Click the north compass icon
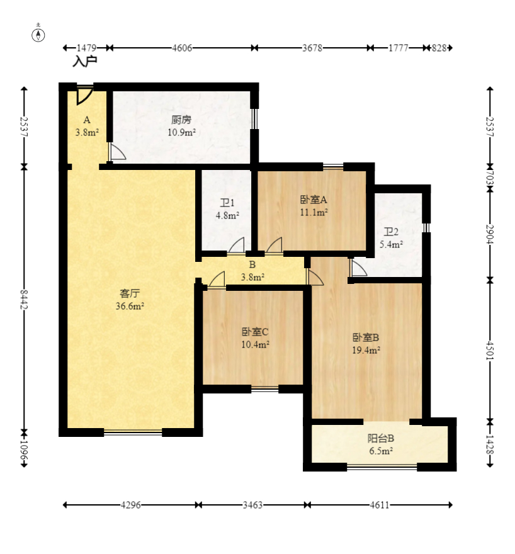38,35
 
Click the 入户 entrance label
85,62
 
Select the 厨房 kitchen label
181,120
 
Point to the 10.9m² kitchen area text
181,132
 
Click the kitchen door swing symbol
117,151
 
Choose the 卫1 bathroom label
227,203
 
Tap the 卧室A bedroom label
314,200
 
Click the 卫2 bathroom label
391,232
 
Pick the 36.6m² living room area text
130,306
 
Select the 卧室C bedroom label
255,332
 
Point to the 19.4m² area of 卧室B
366,350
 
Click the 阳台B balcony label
381,438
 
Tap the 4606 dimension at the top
182,48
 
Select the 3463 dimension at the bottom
252,505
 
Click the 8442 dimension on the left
24,300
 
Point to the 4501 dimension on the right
490,351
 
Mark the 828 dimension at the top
439,48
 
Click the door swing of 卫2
358,268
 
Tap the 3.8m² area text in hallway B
252,278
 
